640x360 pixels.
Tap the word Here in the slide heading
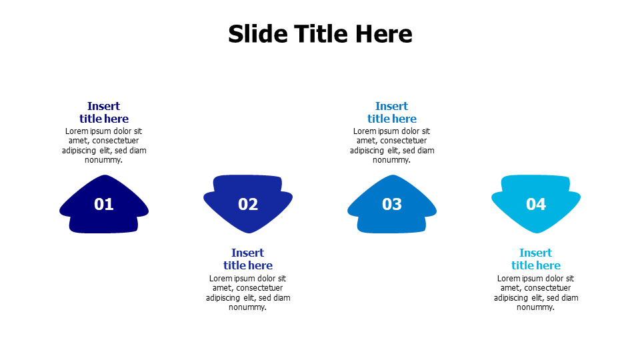(x=383, y=33)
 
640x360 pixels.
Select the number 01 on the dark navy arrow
(x=104, y=205)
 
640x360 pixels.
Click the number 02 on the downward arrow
(x=248, y=205)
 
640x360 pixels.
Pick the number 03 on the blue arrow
(x=392, y=205)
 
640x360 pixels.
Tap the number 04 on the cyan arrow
(x=536, y=205)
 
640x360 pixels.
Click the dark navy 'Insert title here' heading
(x=104, y=113)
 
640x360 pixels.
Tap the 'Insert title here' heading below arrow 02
(x=248, y=259)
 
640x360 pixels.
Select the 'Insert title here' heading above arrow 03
(x=392, y=113)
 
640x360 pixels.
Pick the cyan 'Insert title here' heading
(x=536, y=259)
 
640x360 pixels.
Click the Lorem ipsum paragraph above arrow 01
(x=104, y=145)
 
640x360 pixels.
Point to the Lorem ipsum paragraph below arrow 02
(x=248, y=293)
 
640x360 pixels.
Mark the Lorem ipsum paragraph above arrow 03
(x=392, y=145)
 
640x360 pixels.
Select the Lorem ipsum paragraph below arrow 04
(x=536, y=293)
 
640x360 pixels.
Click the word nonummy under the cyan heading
(x=536, y=307)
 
